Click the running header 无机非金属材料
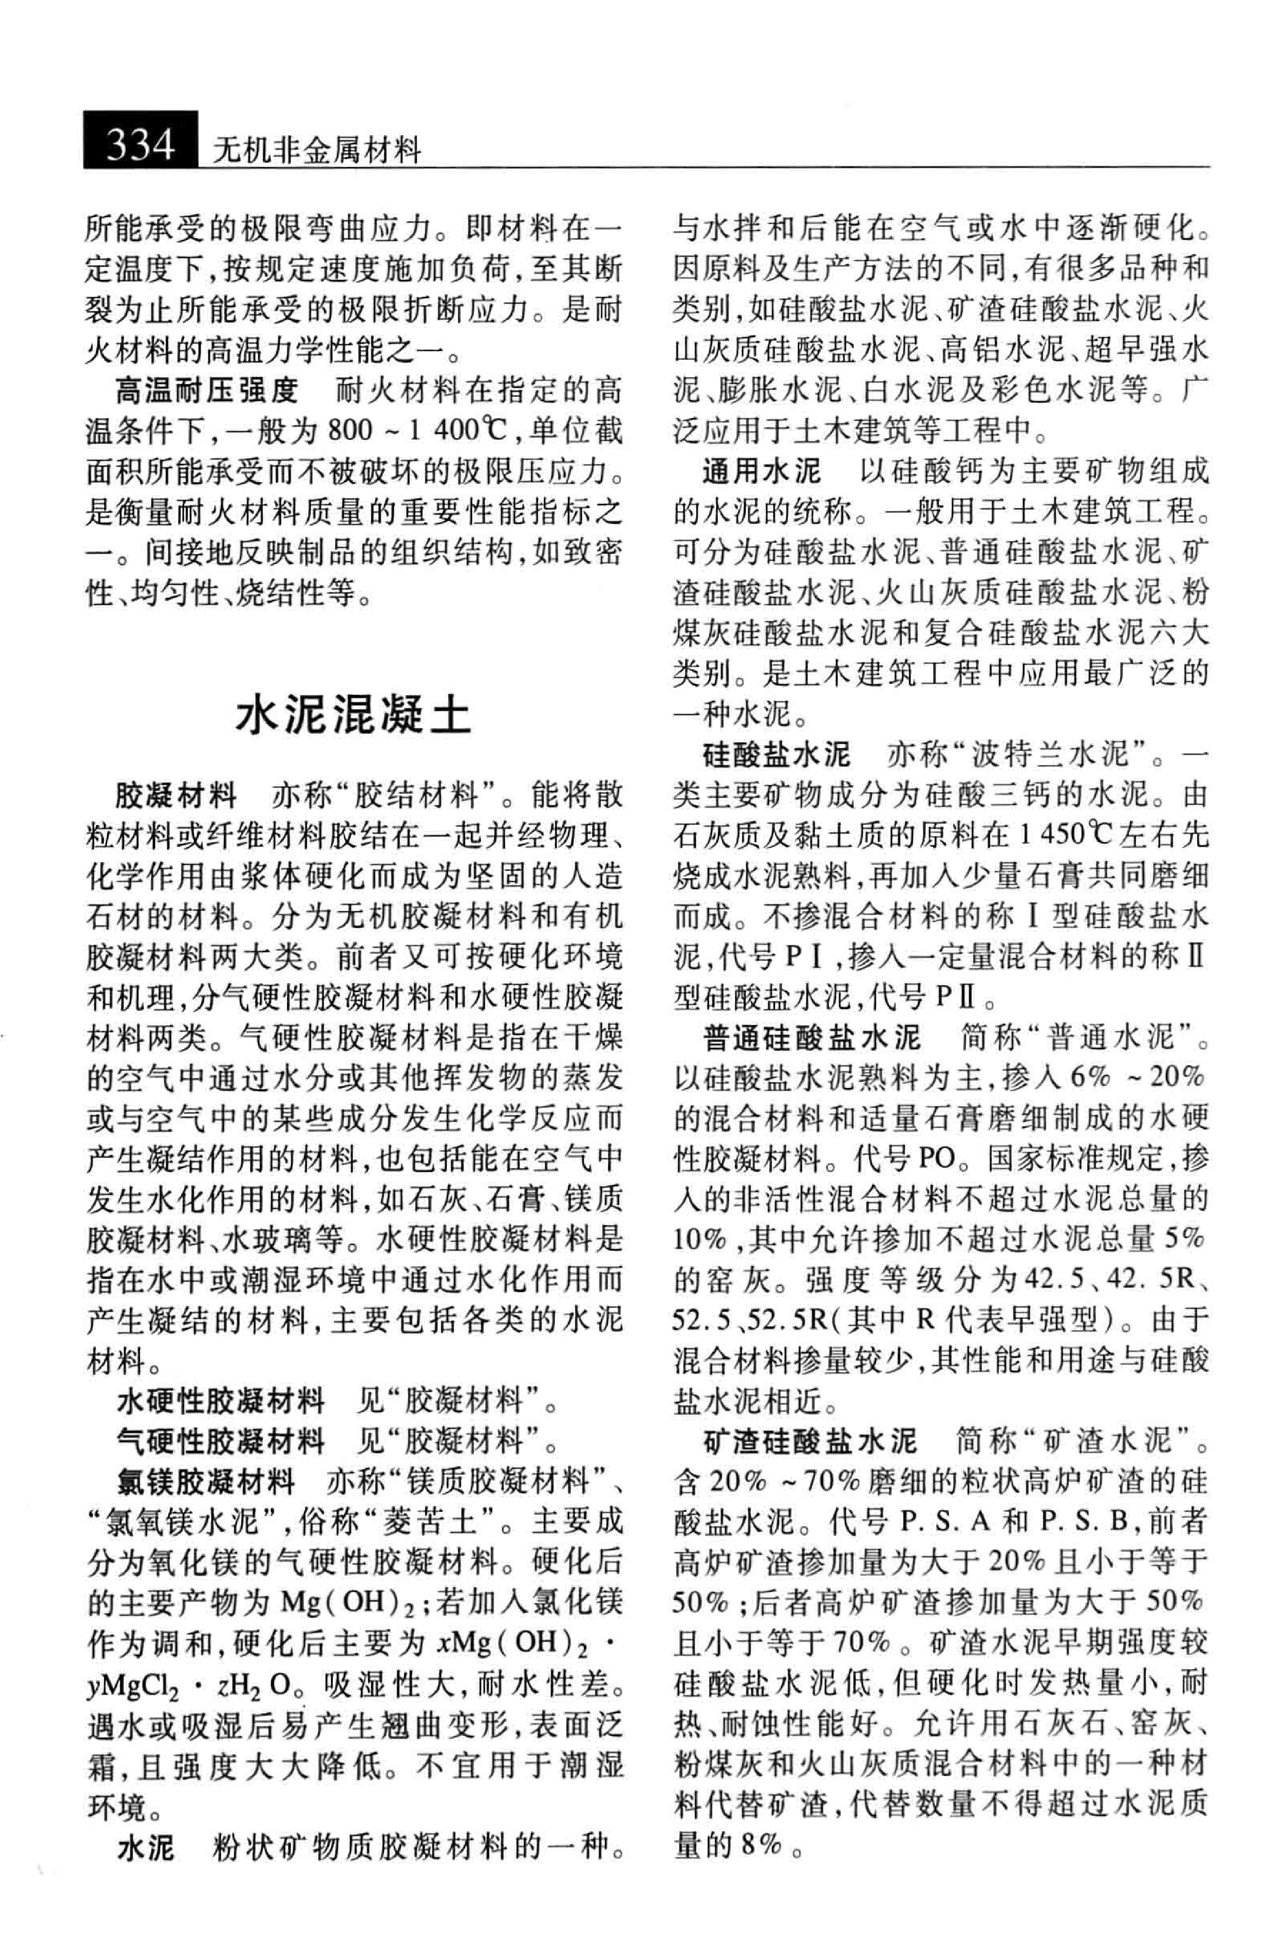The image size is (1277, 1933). pyautogui.click(x=315, y=151)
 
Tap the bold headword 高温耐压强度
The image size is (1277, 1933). pyautogui.click(x=207, y=390)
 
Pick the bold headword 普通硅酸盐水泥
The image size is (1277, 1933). pyautogui.click(x=812, y=1037)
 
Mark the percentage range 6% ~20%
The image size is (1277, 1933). pyautogui.click(x=1138, y=1078)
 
